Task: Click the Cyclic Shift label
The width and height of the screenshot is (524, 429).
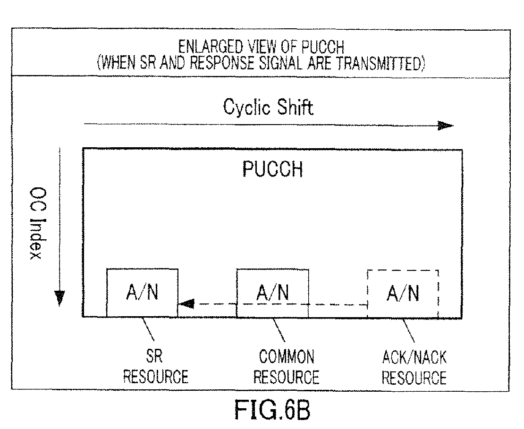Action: (268, 108)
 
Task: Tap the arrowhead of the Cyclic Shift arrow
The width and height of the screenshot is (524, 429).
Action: (446, 126)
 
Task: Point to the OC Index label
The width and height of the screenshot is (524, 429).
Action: (37, 223)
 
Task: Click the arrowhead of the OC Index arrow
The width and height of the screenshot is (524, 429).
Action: (59, 298)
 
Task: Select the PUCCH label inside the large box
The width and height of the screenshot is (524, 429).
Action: (272, 169)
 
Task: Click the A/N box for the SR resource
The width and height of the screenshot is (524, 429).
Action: (143, 293)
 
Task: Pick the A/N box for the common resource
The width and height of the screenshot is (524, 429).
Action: (272, 293)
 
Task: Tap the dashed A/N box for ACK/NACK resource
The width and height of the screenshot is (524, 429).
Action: (403, 294)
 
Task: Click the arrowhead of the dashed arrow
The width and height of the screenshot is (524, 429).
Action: (186, 304)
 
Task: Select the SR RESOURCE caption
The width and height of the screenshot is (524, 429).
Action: (156, 367)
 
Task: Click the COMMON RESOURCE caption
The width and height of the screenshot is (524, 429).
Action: (286, 367)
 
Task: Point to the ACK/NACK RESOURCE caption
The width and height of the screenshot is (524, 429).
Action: (414, 367)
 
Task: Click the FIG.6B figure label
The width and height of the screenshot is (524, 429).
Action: (272, 410)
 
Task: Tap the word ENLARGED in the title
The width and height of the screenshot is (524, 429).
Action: (211, 47)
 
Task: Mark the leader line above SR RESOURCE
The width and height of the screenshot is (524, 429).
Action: (148, 329)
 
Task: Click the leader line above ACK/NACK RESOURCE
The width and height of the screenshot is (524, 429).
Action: (408, 330)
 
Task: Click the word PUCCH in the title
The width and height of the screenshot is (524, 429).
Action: (323, 47)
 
